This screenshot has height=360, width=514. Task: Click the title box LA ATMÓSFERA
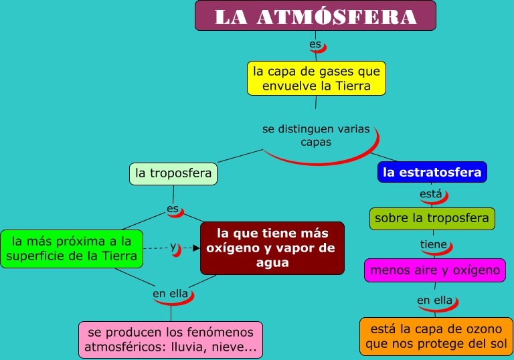tap(315, 16)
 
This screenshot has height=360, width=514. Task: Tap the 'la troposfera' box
tap(173, 173)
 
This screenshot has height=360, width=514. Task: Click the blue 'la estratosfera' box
tap(432, 172)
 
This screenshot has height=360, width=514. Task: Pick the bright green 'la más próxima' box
tap(72, 248)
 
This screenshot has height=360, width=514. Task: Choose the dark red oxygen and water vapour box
tap(272, 248)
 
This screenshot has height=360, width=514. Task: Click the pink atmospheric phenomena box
tap(170, 340)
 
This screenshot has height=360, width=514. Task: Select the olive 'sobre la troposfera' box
tap(432, 218)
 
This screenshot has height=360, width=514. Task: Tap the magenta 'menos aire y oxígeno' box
tap(434, 270)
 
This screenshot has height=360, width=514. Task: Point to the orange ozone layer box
tap(436, 336)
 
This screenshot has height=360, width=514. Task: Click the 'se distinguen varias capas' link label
tap(316, 135)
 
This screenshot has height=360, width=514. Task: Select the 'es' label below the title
tap(315, 45)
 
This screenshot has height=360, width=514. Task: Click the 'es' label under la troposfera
tap(173, 209)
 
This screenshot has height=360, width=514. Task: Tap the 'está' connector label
tap(430, 194)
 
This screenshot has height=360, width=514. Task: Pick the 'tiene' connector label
tap(433, 244)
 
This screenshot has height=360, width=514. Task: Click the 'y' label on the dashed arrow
tap(173, 246)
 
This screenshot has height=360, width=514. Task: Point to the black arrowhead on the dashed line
tap(196, 248)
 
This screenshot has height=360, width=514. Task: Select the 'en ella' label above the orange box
tap(434, 300)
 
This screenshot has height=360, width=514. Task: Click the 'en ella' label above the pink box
tap(171, 293)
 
